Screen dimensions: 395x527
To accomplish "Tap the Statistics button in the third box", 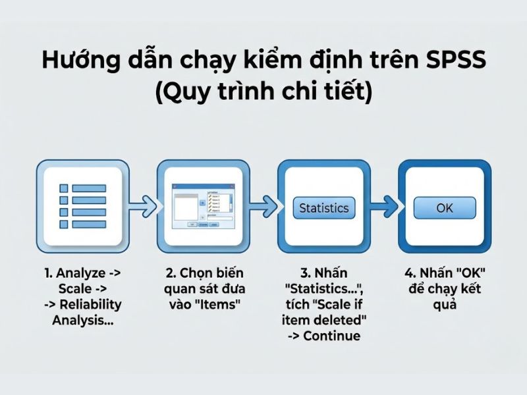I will (323, 208).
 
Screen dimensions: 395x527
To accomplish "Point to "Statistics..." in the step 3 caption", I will (323, 288).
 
